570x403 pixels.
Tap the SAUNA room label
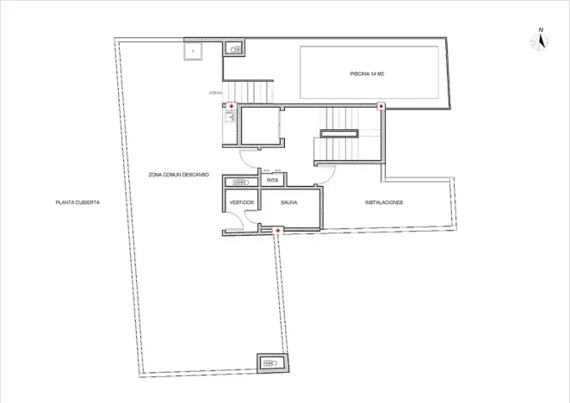(x=289, y=202)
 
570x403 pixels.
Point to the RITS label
(x=272, y=181)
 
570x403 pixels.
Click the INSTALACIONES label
(x=384, y=202)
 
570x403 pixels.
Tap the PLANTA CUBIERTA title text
(x=78, y=202)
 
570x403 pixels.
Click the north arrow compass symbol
(x=540, y=41)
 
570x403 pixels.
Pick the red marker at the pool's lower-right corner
(x=381, y=106)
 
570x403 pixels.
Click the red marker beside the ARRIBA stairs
(x=230, y=106)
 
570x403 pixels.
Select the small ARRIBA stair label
(x=215, y=91)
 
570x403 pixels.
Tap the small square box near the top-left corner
(x=193, y=52)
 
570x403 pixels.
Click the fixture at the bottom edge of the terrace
(x=270, y=363)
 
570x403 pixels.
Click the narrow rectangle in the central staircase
(x=338, y=133)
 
